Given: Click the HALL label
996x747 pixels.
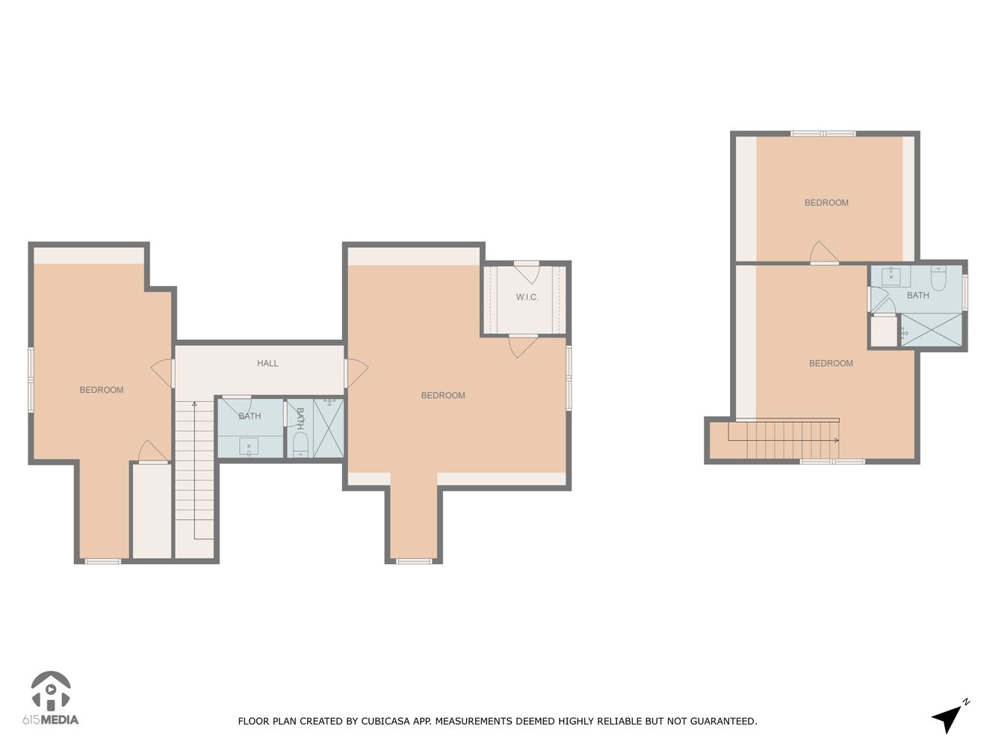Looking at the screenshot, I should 267,364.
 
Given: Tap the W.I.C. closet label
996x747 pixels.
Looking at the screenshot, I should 527,297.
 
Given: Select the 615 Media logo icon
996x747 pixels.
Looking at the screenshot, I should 50,692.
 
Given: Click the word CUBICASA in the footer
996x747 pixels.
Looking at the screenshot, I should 385,722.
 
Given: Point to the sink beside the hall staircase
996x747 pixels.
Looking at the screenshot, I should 248,447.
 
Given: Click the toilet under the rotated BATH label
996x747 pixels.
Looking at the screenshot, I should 300,446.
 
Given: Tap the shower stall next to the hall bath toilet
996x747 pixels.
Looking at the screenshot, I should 329,428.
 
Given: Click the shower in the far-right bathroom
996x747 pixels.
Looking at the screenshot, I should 931,329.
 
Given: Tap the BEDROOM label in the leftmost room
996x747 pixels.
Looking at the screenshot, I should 102,390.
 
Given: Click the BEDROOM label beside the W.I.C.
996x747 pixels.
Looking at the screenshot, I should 443,396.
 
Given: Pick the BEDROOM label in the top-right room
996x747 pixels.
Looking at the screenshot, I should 826,203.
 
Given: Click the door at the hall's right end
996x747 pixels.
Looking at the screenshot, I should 356,373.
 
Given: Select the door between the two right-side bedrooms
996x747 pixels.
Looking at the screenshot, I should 823,254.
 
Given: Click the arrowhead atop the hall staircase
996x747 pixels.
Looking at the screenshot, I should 194,404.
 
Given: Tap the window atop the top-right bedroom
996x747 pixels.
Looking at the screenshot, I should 823,134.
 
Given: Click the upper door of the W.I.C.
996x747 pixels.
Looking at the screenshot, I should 527,270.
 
